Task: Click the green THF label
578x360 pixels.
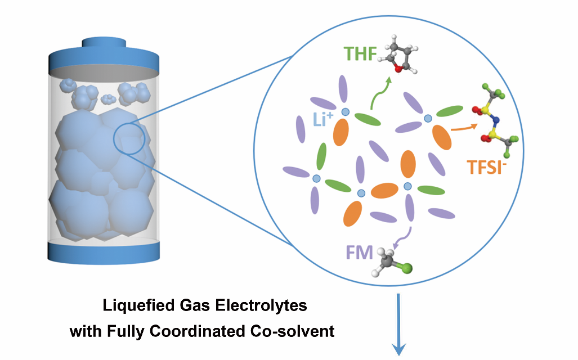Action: click(360, 54)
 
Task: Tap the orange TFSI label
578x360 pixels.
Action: click(487, 167)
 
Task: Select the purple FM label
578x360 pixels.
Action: click(360, 253)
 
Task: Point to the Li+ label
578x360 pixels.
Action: click(323, 119)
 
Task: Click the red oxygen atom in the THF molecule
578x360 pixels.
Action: click(398, 69)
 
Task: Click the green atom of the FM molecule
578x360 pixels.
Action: click(406, 268)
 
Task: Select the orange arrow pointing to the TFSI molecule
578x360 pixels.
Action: click(464, 128)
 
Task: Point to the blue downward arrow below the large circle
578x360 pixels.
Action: click(398, 324)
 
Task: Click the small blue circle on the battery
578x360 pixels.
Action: click(129, 138)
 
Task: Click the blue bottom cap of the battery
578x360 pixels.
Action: click(104, 251)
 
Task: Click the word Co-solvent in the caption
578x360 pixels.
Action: click(292, 331)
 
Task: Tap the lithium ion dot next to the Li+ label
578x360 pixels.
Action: click(346, 112)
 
